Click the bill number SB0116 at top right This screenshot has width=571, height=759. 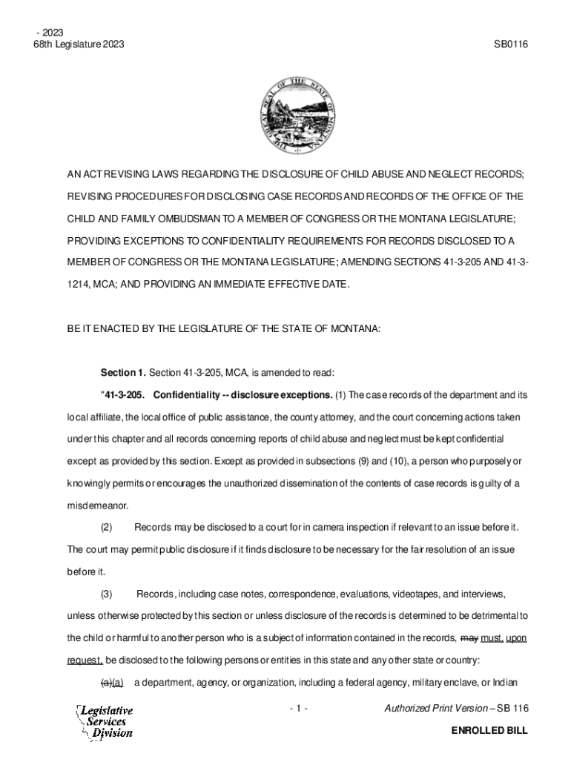(x=510, y=44)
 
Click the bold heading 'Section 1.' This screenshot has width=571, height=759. (x=123, y=371)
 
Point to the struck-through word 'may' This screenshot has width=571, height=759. (x=469, y=637)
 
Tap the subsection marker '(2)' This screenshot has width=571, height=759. (x=106, y=527)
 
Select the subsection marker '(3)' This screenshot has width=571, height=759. (x=106, y=594)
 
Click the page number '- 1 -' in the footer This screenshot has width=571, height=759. (x=299, y=709)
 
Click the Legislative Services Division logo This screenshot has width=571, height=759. (x=105, y=721)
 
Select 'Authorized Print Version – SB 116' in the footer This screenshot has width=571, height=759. (x=455, y=709)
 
